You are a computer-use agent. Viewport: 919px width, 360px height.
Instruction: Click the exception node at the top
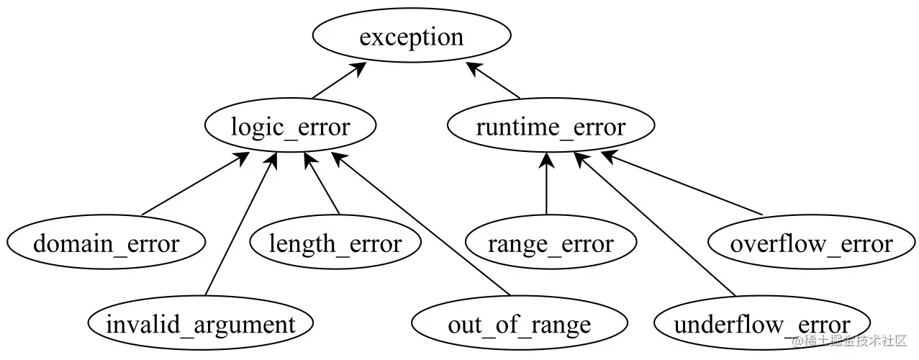412,37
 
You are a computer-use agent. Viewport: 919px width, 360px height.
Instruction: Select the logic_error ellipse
290,127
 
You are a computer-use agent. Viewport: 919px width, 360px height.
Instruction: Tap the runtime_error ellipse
551,127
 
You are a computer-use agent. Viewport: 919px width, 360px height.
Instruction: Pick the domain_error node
106,243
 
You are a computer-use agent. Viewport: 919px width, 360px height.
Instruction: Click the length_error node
335,243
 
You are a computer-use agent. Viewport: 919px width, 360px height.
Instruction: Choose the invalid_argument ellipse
200,325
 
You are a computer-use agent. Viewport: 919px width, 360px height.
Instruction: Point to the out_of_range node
519,325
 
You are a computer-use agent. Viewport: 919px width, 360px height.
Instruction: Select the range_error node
551,243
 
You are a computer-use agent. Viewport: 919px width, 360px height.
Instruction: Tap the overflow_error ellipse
811,243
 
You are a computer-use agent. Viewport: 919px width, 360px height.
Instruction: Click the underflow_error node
762,325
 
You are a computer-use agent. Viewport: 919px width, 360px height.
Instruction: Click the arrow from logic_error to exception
339,81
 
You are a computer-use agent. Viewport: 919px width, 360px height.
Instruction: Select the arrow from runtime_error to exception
494,81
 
